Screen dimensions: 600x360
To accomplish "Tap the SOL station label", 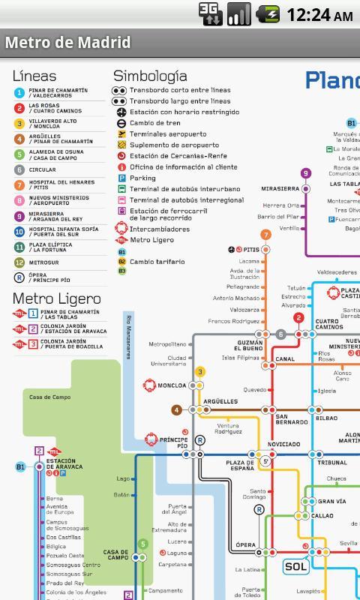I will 295,567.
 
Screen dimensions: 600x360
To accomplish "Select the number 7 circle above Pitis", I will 265,235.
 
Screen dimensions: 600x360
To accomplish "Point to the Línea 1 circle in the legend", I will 19,93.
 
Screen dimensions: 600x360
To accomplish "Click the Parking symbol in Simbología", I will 121,178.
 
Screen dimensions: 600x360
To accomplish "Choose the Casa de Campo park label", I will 50,397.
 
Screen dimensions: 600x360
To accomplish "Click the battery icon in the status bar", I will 268,15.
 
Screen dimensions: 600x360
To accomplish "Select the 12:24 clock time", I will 319,15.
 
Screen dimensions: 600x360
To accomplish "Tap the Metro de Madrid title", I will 68,43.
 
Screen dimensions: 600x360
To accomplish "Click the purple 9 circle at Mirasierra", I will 305,173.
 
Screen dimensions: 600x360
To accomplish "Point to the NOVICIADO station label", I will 284,445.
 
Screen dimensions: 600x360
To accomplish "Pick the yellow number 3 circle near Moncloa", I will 200,371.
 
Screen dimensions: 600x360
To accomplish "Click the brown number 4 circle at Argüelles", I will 176,410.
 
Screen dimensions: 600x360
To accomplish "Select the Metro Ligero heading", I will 56,299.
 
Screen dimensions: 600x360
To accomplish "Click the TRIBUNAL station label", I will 331,463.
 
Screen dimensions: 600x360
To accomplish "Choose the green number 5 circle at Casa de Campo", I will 143,544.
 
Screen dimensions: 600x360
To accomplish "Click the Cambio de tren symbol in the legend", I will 121,123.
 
